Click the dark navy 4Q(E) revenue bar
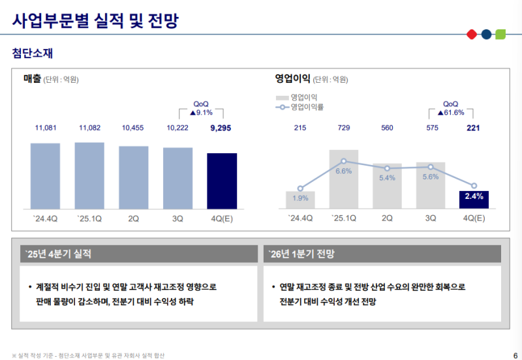click(x=222, y=181)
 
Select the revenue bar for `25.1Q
click(x=89, y=175)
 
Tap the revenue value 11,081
click(x=45, y=128)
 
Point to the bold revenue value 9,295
click(x=221, y=128)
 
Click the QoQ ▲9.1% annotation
click(x=201, y=108)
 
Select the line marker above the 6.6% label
click(x=344, y=161)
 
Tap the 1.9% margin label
click(x=301, y=198)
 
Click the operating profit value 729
click(x=344, y=128)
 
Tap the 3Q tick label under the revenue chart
click(x=177, y=218)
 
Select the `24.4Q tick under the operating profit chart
click(x=301, y=218)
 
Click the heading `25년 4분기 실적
click(x=58, y=253)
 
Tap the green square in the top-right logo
click(x=500, y=34)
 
